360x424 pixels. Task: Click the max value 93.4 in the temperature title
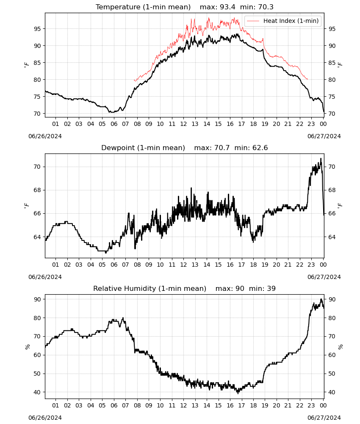227,7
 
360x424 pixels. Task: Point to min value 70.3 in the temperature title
266,7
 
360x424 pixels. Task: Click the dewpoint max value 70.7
222,148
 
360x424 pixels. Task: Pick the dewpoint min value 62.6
260,148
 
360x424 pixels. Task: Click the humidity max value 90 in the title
240,288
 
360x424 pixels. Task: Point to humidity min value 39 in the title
271,288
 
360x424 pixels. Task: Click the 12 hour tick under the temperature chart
183,124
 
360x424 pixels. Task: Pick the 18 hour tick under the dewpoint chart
253,265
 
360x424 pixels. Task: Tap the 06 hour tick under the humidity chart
114,405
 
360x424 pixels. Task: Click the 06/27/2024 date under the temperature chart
324,136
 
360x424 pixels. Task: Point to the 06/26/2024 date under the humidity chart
45,418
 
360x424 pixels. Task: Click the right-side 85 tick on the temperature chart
332,63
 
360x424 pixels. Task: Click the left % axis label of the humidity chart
27,347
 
